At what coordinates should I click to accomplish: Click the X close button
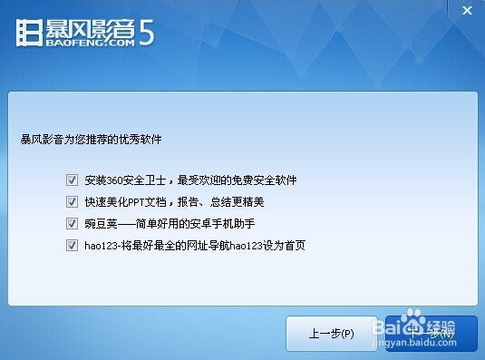[x=467, y=9]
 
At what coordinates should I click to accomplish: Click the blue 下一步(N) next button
[x=431, y=334]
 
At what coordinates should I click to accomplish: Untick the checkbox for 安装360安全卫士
[x=72, y=180]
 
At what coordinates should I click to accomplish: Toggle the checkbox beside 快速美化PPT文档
[x=72, y=201]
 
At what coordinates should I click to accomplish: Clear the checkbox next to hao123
[x=72, y=245]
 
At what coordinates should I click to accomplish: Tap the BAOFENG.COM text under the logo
[x=87, y=41]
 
